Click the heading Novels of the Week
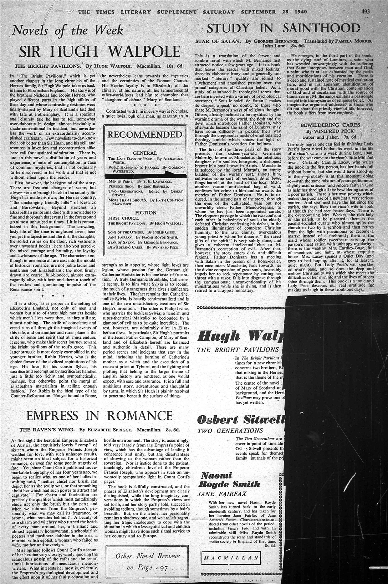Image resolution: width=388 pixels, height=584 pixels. (68, 31)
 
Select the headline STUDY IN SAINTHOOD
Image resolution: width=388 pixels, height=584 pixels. (284, 28)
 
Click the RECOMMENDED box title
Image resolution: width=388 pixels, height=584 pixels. (145, 135)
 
